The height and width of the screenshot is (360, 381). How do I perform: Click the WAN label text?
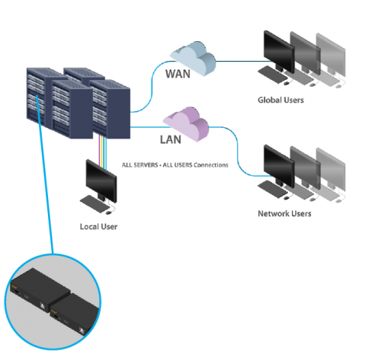click(178, 74)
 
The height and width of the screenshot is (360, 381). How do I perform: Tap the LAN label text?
click(171, 139)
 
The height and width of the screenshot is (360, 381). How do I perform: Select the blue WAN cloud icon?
click(193, 58)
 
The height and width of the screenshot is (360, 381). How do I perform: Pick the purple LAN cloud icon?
click(186, 123)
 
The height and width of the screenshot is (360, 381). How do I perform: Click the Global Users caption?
click(280, 100)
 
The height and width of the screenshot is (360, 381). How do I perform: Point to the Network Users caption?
click(284, 214)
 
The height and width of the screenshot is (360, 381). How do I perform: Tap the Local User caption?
click(98, 227)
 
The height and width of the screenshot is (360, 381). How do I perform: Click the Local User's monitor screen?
click(101, 180)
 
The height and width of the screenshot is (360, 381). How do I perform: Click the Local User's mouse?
click(109, 212)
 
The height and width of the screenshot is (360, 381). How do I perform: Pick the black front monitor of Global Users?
click(279, 52)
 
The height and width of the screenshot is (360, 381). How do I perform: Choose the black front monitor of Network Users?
click(279, 166)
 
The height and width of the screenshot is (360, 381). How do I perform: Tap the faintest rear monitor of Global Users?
click(331, 55)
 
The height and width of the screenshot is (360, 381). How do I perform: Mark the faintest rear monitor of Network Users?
click(331, 169)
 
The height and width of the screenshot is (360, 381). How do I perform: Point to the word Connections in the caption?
click(211, 165)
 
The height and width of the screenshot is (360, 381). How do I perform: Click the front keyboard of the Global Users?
click(272, 75)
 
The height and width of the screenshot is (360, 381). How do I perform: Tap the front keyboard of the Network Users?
click(272, 189)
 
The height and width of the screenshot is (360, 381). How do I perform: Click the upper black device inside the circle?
click(40, 289)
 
